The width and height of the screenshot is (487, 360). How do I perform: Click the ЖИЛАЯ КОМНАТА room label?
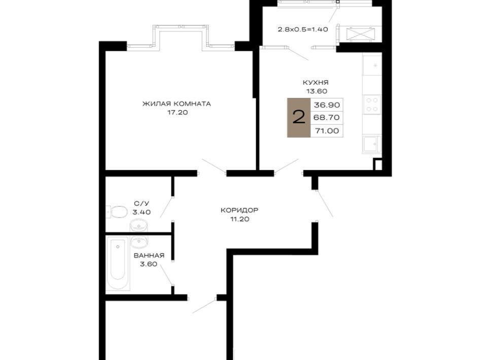pyautogui.click(x=177, y=103)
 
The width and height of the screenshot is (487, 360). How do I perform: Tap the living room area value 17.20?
pyautogui.click(x=178, y=113)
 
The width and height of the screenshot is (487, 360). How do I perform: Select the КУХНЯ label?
pyautogui.click(x=316, y=83)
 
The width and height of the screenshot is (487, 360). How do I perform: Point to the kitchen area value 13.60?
pyautogui.click(x=316, y=91)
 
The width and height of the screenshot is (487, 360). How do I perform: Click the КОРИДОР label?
pyautogui.click(x=239, y=210)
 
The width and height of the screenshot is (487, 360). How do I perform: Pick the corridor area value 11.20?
pyautogui.click(x=240, y=219)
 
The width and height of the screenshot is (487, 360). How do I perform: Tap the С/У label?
pyautogui.click(x=142, y=203)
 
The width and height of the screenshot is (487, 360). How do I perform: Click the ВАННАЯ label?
pyautogui.click(x=149, y=256)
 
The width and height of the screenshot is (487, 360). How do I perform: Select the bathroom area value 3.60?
pyautogui.click(x=149, y=264)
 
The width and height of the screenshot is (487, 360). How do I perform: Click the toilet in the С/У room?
pyautogui.click(x=117, y=211)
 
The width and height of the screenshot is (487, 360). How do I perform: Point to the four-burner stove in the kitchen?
pyautogui.click(x=372, y=104)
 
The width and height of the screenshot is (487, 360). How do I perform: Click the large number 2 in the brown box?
pyautogui.click(x=299, y=118)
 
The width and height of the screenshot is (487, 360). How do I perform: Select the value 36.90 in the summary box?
pyautogui.click(x=327, y=105)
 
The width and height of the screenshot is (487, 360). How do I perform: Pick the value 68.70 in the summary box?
pyautogui.click(x=327, y=118)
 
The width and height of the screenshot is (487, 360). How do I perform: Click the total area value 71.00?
pyautogui.click(x=327, y=131)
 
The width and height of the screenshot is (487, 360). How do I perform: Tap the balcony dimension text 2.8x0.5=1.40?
pyautogui.click(x=303, y=30)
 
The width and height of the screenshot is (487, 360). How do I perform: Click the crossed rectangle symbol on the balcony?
pyautogui.click(x=361, y=34)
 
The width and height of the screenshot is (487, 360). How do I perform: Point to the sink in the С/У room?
pyautogui.click(x=139, y=225)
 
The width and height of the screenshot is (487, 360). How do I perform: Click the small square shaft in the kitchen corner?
pyautogui.click(x=378, y=164)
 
